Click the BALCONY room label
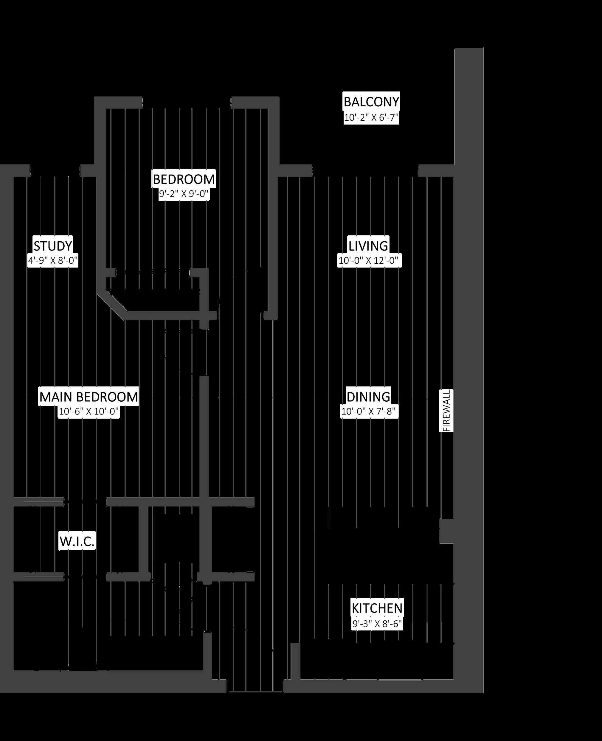[371, 102]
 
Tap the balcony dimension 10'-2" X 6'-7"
[371, 118]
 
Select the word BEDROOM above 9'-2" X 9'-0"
[184, 179]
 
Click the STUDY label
[53, 246]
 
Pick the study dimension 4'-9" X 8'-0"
[53, 260]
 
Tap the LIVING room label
[368, 246]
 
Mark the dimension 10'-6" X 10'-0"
[89, 411]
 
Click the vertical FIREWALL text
[446, 411]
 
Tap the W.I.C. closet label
[77, 541]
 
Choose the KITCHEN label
[377, 608]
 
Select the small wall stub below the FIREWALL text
[447, 531]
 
